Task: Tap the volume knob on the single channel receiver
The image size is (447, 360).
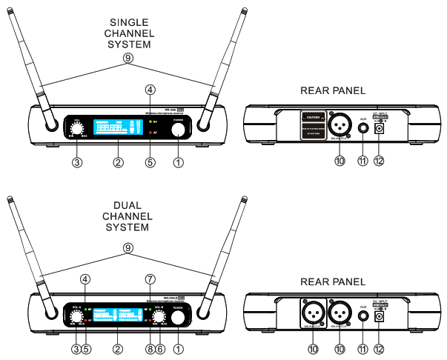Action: click(x=76, y=124)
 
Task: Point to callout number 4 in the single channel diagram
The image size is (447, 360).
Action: click(x=150, y=90)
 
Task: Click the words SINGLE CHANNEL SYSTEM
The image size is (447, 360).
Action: click(x=129, y=34)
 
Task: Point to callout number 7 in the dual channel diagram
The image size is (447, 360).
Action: click(x=150, y=279)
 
